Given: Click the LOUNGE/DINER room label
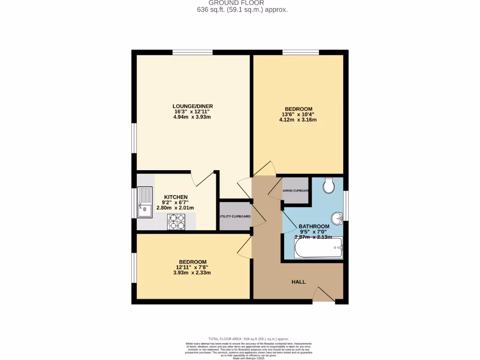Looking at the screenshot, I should pos(193,106).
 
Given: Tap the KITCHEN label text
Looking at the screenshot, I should pos(176,197).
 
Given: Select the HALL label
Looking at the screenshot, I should pos(299,282).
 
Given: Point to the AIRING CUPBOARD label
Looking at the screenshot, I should pos(295,191).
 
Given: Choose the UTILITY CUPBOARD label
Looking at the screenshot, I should pos(235,217).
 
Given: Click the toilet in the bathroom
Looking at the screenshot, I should pos(329,186).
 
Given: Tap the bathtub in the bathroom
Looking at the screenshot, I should pos(318,247).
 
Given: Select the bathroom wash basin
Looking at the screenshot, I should pos(337,218).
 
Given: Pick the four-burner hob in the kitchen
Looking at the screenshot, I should pos(177,221).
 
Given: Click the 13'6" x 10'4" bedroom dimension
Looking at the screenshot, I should pos(298,113).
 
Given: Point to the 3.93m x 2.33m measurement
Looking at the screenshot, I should pos(192,273).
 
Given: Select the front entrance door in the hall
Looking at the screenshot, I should pos(323,294).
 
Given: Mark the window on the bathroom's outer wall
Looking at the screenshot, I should pos(346,205).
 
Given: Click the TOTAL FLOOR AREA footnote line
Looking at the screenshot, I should pos(248,338).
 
